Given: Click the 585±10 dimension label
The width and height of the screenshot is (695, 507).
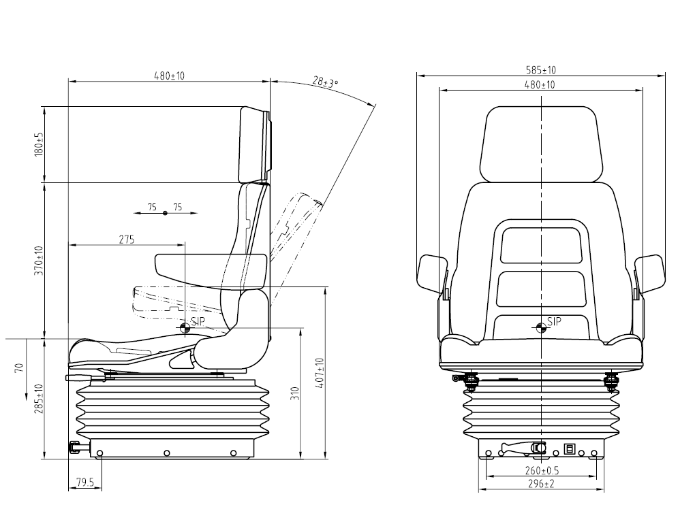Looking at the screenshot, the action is (540, 70).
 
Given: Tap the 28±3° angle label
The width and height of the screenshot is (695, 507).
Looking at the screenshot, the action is (325, 82).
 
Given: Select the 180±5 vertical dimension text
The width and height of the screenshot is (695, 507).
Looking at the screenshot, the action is (39, 144).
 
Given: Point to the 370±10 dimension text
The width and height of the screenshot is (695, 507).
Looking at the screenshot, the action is (39, 261).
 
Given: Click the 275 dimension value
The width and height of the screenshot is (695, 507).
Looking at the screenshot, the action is (126, 240).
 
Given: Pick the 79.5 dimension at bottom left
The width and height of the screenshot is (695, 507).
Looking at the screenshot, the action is (85, 483).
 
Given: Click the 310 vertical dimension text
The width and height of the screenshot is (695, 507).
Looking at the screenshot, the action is (295, 393).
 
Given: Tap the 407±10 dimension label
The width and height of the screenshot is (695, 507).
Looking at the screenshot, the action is (320, 373).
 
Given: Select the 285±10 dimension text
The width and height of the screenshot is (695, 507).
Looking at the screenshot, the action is (39, 399).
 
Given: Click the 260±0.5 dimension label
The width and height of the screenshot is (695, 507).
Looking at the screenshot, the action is (542, 470).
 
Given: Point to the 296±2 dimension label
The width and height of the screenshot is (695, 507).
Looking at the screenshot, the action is (541, 484).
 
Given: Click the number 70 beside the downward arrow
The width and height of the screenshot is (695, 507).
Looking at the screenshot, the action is (18, 367).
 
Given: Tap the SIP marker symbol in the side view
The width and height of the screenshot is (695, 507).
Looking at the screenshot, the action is (185, 328).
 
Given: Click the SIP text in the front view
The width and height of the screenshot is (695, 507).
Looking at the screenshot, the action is (554, 321).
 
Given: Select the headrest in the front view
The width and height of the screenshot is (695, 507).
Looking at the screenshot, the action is (541, 144).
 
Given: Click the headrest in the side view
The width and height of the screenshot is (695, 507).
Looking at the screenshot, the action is (255, 145).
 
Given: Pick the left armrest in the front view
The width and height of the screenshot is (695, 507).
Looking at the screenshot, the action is (432, 274).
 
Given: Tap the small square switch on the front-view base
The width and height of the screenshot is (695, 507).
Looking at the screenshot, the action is (569, 449).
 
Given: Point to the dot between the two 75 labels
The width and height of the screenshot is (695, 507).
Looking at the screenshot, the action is (166, 213).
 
